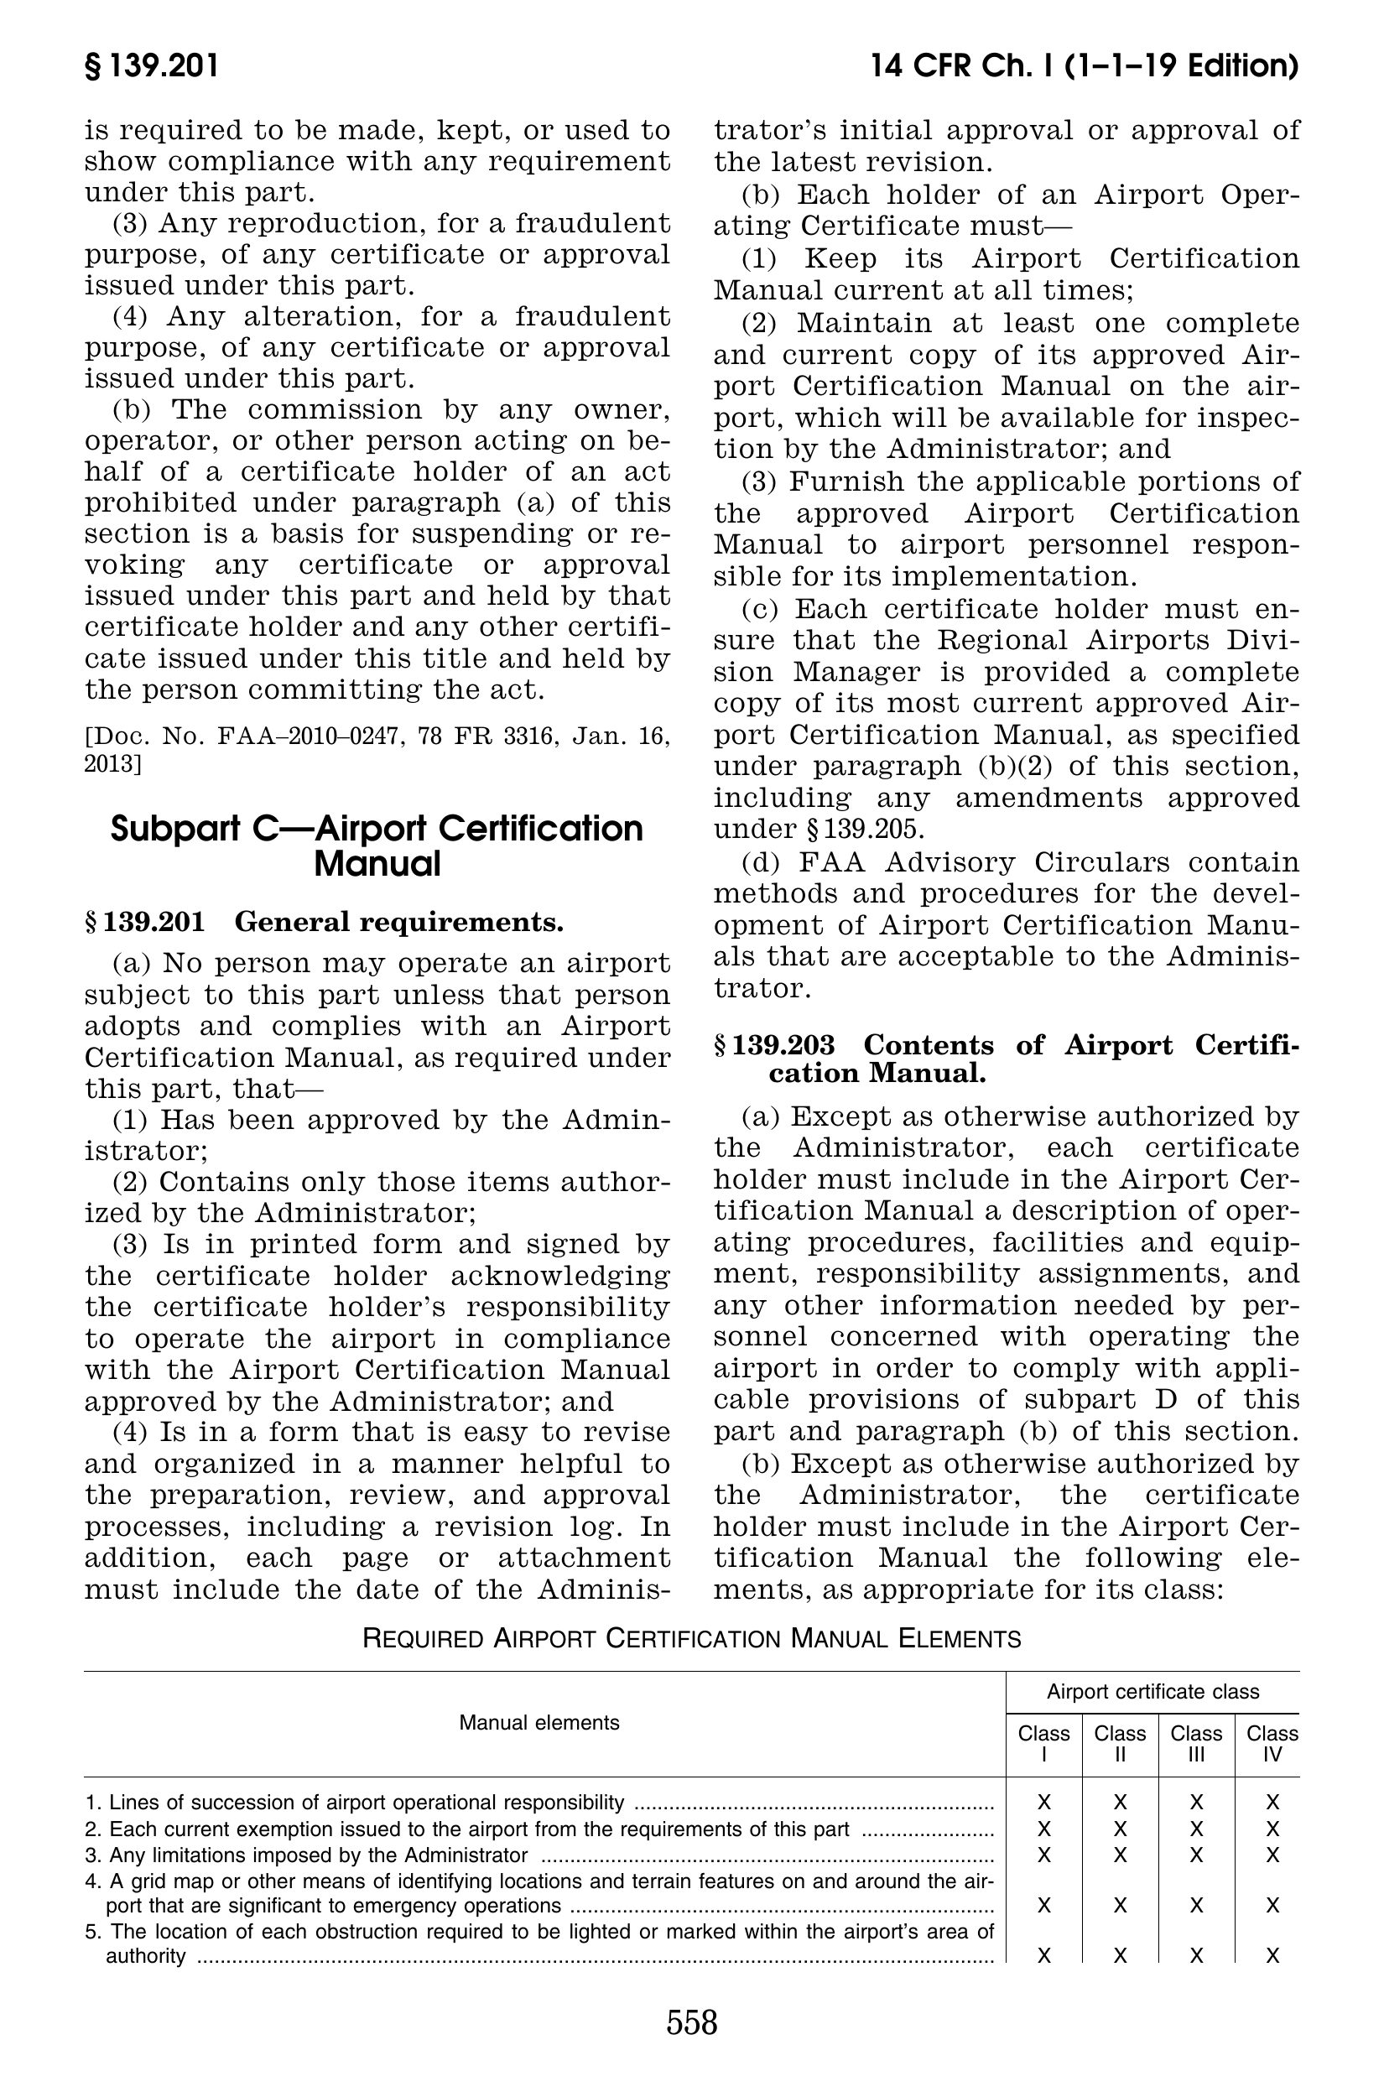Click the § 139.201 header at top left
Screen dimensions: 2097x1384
click(151, 67)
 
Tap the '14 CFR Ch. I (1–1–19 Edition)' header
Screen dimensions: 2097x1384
click(1084, 67)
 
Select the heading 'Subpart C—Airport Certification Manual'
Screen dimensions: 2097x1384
click(377, 846)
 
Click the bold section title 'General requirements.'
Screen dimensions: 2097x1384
click(399, 923)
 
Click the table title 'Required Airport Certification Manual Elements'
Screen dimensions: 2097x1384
click(691, 1639)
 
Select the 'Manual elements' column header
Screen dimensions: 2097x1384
click(539, 1722)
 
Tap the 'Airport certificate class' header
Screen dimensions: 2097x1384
click(1152, 1691)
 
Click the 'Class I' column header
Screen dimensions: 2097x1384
click(1043, 1743)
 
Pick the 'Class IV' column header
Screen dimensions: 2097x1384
click(1272, 1743)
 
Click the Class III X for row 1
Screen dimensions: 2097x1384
click(1196, 1802)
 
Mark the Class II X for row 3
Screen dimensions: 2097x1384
click(1119, 1855)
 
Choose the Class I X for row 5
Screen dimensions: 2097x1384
click(1043, 1956)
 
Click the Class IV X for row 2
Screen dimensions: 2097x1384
click(1272, 1828)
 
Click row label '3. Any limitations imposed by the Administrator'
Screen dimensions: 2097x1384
click(307, 1855)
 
